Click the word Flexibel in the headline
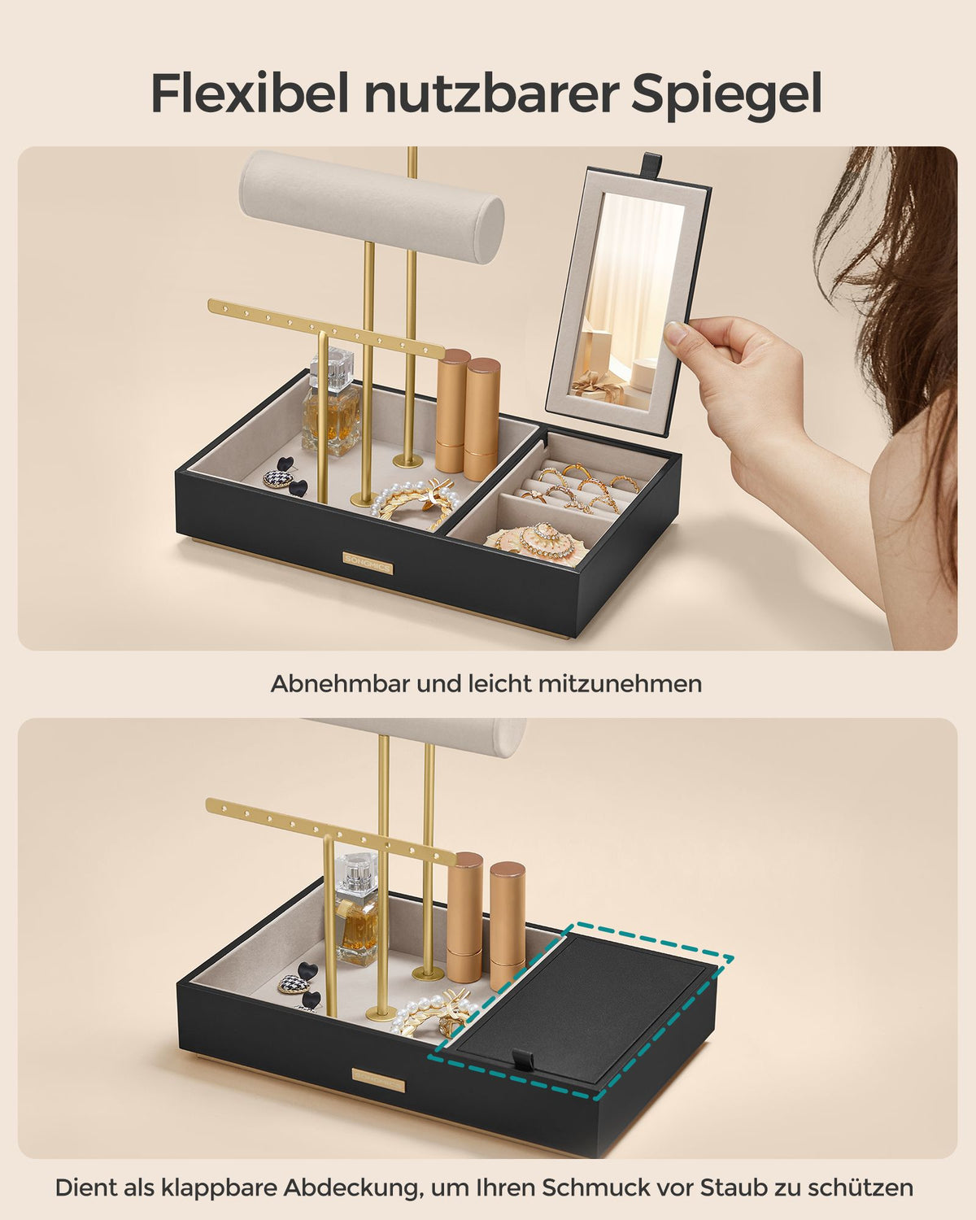point(250,94)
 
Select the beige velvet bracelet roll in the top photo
point(372,208)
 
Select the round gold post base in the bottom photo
point(429,974)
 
